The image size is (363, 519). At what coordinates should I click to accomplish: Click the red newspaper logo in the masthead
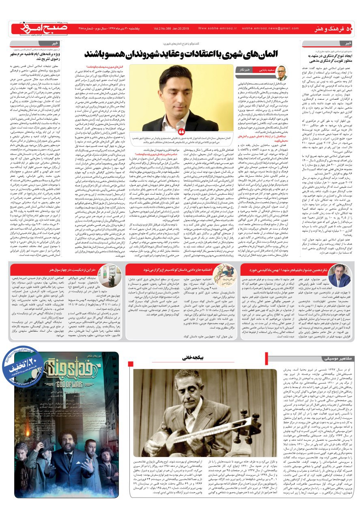(x=33, y=28)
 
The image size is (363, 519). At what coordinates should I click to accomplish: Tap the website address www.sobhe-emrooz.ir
(x=215, y=28)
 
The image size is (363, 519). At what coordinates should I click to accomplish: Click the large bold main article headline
(x=191, y=53)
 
